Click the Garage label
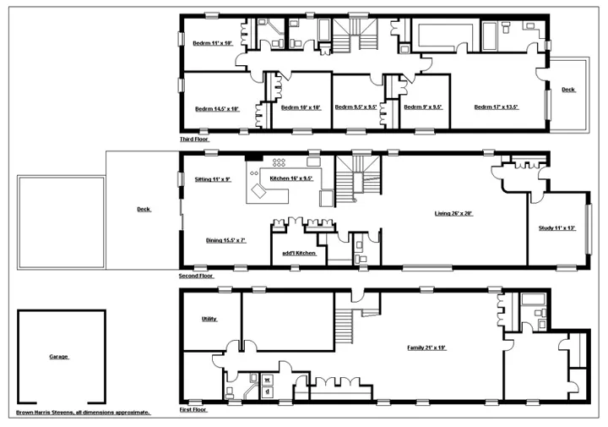[x=58, y=357]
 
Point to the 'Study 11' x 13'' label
[x=556, y=228]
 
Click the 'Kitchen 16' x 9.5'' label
[x=291, y=179]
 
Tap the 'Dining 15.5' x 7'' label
[x=225, y=240]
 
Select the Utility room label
[x=209, y=319]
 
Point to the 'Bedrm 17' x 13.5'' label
[x=496, y=107]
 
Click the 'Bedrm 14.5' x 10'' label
[x=217, y=108]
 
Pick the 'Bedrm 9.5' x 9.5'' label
[x=355, y=107]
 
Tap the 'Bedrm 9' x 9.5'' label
[x=423, y=107]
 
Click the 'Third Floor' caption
[x=193, y=139]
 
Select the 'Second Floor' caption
[x=196, y=276]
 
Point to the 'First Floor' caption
[x=193, y=408]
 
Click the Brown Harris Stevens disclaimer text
[x=84, y=413]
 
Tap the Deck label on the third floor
[x=568, y=89]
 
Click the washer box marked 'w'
[x=268, y=379]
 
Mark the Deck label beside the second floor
[x=144, y=210]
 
